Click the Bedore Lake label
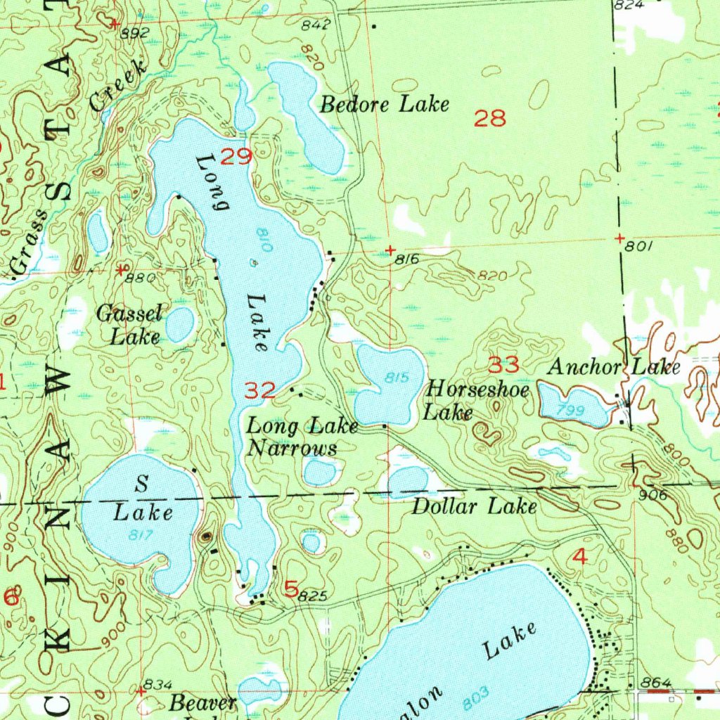(384, 105)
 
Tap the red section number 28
(490, 118)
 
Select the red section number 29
(236, 156)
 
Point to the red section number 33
(503, 365)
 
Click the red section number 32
(259, 390)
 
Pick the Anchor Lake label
(614, 367)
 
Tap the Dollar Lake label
(474, 506)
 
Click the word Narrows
(292, 449)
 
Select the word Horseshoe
(478, 389)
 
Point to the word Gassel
(130, 314)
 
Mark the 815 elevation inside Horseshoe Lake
(397, 378)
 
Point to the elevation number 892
(135, 33)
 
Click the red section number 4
(579, 557)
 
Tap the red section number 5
(291, 589)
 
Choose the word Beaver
(203, 702)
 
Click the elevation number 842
(316, 25)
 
